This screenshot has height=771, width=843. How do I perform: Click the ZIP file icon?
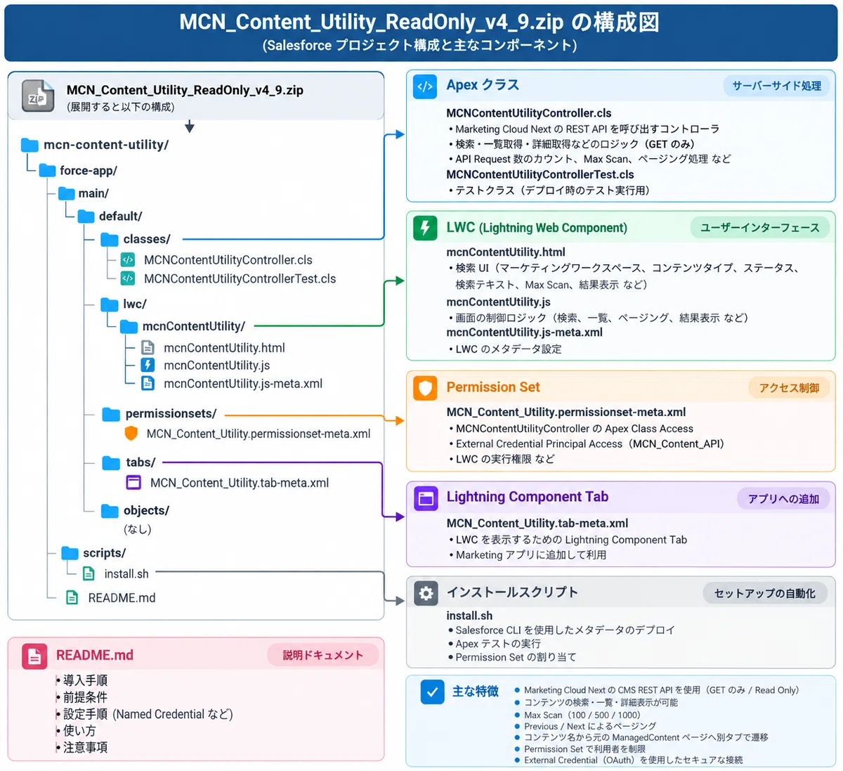point(38,96)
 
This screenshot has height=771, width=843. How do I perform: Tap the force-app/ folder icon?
point(48,170)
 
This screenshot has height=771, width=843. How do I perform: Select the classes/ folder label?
point(147,239)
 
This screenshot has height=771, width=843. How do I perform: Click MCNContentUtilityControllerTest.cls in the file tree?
point(240,278)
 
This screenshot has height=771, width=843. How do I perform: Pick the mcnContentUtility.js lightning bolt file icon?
point(148,365)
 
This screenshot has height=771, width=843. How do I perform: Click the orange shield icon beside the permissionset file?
point(131,433)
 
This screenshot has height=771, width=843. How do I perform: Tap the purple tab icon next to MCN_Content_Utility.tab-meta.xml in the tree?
point(133,482)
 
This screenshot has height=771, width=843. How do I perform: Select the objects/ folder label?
point(146,510)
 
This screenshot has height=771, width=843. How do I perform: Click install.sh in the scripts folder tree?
point(126,574)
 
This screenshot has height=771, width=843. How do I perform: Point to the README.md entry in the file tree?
point(122,597)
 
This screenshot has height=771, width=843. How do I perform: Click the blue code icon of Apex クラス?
point(425,86)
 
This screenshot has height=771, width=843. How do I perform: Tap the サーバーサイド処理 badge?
point(776,86)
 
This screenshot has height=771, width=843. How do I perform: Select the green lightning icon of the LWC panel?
point(425,228)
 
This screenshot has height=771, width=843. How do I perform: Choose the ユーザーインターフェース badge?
point(760,228)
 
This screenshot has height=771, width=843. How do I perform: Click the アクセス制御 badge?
point(789,388)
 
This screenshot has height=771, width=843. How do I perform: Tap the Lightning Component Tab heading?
point(528,496)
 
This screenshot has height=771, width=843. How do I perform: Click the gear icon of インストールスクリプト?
point(426,593)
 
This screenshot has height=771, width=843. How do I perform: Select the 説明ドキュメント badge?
point(322,655)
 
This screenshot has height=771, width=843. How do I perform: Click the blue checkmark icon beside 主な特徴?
point(433,692)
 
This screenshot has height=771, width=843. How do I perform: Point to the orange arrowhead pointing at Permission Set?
point(400,420)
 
